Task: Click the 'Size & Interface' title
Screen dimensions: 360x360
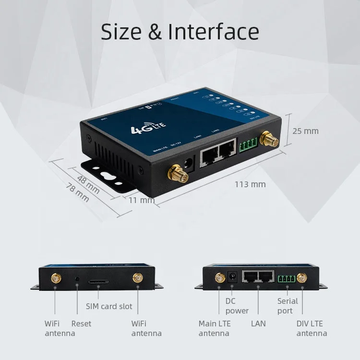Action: pos(180,32)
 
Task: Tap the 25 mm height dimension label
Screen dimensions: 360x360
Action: pos(305,131)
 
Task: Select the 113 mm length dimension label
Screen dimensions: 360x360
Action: pos(250,184)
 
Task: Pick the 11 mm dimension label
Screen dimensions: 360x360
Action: pos(141,200)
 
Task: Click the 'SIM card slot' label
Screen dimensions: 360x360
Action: pos(109,306)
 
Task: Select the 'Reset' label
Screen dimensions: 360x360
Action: pos(81,324)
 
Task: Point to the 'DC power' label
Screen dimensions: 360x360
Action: pos(237,306)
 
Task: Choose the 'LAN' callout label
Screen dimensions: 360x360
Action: pos(258,324)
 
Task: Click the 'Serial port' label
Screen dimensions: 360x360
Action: pos(288,306)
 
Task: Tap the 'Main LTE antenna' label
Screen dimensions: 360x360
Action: pos(214,328)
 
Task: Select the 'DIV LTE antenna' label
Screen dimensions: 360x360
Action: pos(312,328)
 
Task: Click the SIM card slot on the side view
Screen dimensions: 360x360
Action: pos(98,278)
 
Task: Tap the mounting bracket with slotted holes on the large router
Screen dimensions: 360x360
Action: pos(110,174)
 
